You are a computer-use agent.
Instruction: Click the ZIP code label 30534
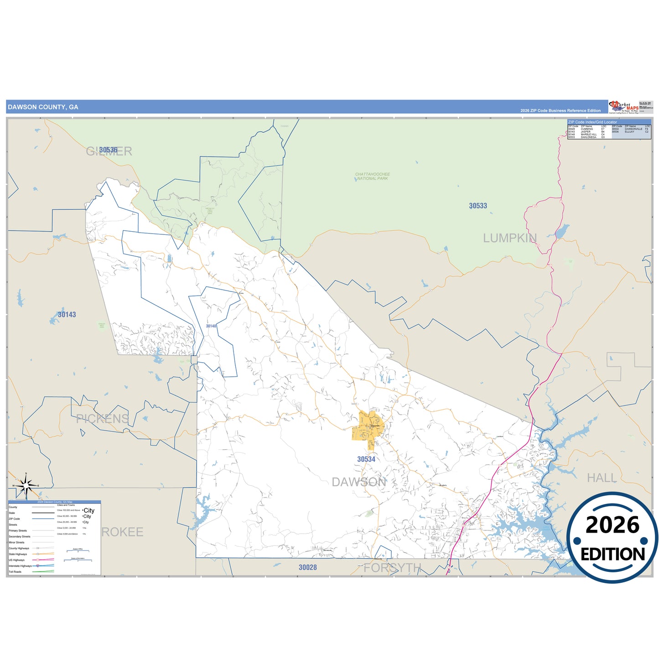[366, 459]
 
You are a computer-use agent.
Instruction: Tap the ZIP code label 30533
[478, 206]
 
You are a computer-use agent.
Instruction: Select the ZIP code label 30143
[67, 315]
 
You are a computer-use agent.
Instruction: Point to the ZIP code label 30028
[307, 567]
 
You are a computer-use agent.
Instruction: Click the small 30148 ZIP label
[211, 326]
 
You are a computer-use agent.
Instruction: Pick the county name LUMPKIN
[510, 238]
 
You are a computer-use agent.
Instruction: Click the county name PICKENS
[103, 419]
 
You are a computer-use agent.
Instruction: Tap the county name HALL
[602, 478]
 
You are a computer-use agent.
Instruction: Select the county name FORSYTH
[392, 568]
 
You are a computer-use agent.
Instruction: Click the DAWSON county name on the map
[359, 482]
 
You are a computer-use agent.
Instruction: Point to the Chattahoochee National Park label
[373, 176]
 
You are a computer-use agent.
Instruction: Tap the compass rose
[26, 486]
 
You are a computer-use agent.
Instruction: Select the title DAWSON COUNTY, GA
[43, 107]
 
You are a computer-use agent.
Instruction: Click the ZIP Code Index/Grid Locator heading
[592, 122]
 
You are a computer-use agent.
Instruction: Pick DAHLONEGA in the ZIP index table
[588, 137]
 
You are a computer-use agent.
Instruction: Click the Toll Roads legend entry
[15, 572]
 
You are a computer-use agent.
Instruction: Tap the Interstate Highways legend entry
[20, 566]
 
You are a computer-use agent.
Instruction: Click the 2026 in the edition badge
[612, 525]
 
